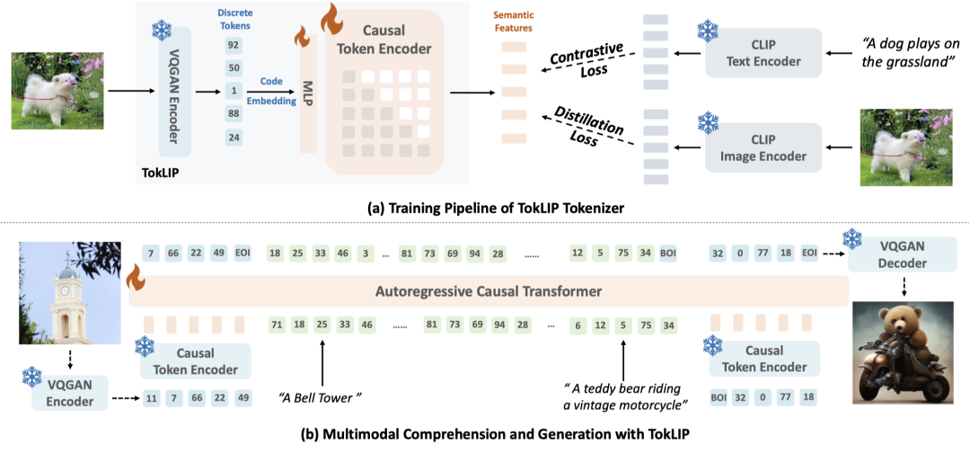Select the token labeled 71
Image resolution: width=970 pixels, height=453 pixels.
277,324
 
